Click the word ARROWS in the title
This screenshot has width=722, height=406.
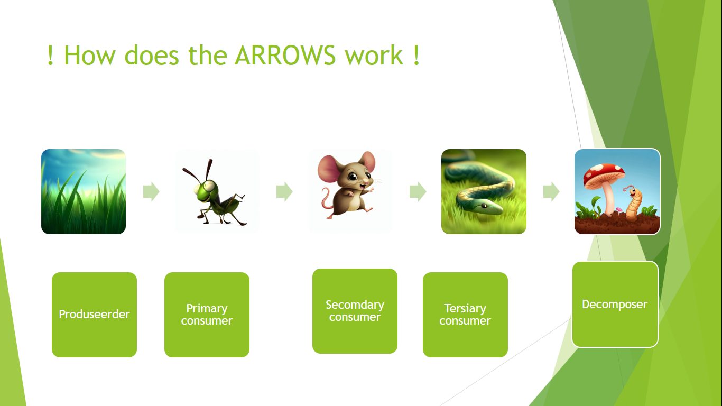[x=285, y=55]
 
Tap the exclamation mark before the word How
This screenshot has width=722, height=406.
[x=50, y=55]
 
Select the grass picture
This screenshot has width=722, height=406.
[x=84, y=191]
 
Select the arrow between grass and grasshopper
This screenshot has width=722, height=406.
[x=151, y=191]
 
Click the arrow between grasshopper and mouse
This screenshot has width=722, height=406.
[x=284, y=191]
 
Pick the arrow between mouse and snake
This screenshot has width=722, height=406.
[x=418, y=191]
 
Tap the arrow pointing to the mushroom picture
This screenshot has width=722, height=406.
[x=551, y=191]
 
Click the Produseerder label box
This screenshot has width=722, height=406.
[x=94, y=315]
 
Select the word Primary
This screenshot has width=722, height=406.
[x=207, y=308]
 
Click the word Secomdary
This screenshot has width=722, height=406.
[x=355, y=304]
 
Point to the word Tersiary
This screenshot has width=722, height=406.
[x=465, y=308]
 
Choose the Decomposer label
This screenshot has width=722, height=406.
[x=615, y=304]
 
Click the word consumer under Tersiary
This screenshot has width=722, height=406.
[x=465, y=320]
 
